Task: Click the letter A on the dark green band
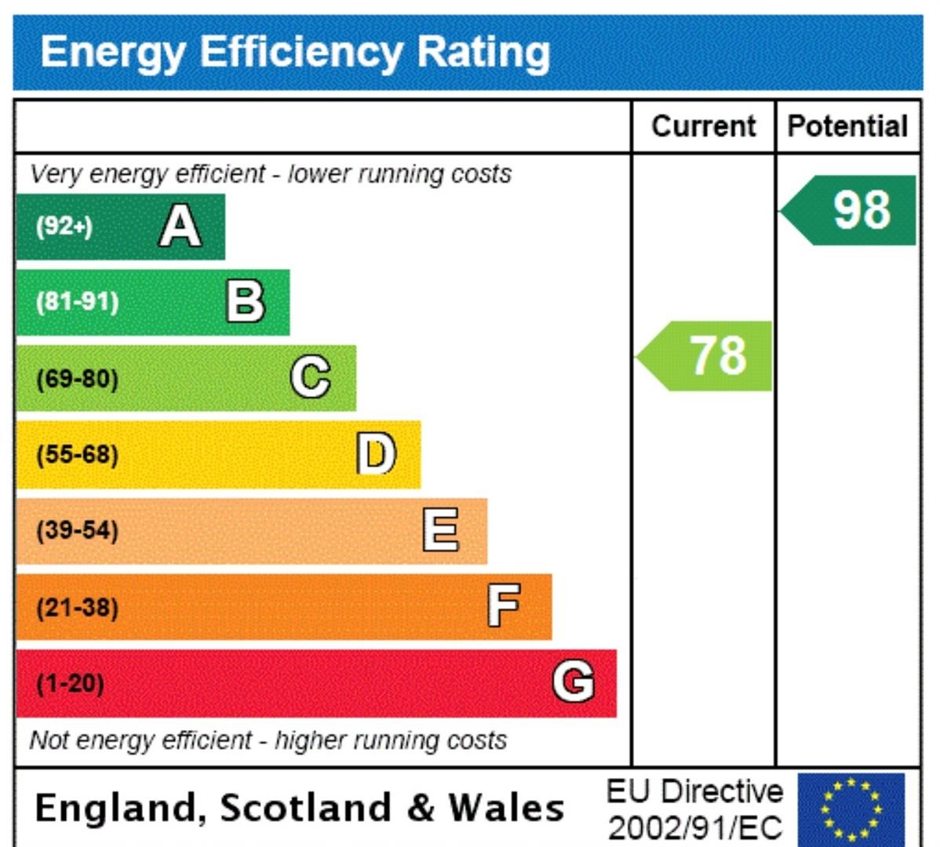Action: pyautogui.click(x=180, y=226)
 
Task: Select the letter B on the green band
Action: pyautogui.click(x=246, y=301)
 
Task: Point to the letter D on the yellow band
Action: pyautogui.click(x=377, y=453)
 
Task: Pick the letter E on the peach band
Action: pyautogui.click(x=440, y=529)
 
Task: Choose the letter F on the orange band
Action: pyautogui.click(x=504, y=605)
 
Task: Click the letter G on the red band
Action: pyautogui.click(x=573, y=681)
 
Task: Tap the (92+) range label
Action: pyautogui.click(x=64, y=227)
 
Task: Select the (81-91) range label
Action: pyautogui.click(x=77, y=302)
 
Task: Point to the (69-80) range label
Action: pyautogui.click(x=77, y=379)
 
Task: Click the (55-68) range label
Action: pyautogui.click(x=77, y=454)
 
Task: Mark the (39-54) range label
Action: pyautogui.click(x=77, y=530)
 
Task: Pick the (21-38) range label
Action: pyautogui.click(x=77, y=607)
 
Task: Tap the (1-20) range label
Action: pyautogui.click(x=70, y=683)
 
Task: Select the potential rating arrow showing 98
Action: pyautogui.click(x=852, y=210)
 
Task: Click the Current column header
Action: pyautogui.click(x=703, y=126)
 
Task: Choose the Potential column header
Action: pyautogui.click(x=847, y=126)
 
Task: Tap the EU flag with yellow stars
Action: pyautogui.click(x=851, y=808)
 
